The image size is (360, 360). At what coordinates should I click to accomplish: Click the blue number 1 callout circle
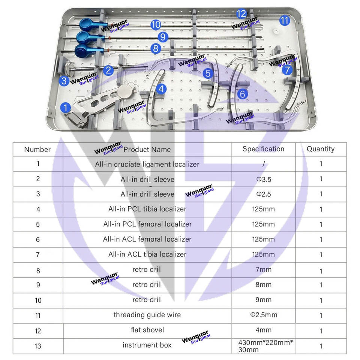pyautogui.click(x=66, y=108)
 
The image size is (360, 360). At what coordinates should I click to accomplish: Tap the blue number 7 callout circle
pyautogui.click(x=286, y=70)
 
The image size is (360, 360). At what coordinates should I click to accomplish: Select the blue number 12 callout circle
pyautogui.click(x=241, y=14)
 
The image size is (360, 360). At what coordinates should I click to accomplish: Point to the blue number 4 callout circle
pyautogui.click(x=161, y=89)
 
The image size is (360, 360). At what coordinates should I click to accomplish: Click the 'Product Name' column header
pyautogui.click(x=147, y=149)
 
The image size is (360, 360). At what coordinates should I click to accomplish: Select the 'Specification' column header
pyautogui.click(x=263, y=149)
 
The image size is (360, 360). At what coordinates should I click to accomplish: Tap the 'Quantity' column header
pyautogui.click(x=321, y=149)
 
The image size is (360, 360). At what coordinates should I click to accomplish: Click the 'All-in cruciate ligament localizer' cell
pyautogui.click(x=147, y=164)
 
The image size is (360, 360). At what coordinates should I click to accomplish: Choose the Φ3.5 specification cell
pyautogui.click(x=263, y=179)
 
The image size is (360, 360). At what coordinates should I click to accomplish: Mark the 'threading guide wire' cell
pyautogui.click(x=147, y=315)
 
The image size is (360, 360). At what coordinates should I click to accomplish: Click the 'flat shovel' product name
pyautogui.click(x=147, y=330)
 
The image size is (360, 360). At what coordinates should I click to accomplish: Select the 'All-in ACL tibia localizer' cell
pyautogui.click(x=147, y=254)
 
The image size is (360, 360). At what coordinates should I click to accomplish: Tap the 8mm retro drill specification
pyautogui.click(x=263, y=285)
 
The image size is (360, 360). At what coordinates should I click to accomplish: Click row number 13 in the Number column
pyautogui.click(x=38, y=346)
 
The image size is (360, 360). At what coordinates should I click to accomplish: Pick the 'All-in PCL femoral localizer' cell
pyautogui.click(x=147, y=224)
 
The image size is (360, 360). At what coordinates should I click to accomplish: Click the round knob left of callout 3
pyautogui.click(x=69, y=69)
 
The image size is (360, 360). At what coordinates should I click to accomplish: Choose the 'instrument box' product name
pyautogui.click(x=147, y=345)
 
